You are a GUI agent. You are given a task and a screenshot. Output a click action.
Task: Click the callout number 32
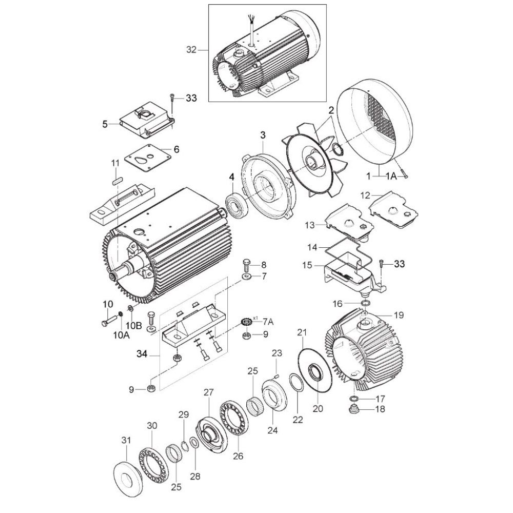[191, 50]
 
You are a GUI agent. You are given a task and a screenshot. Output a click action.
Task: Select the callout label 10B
[136, 325]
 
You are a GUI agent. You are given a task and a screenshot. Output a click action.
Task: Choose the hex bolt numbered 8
[246, 266]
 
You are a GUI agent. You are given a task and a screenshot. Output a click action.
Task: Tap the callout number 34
[142, 354]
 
